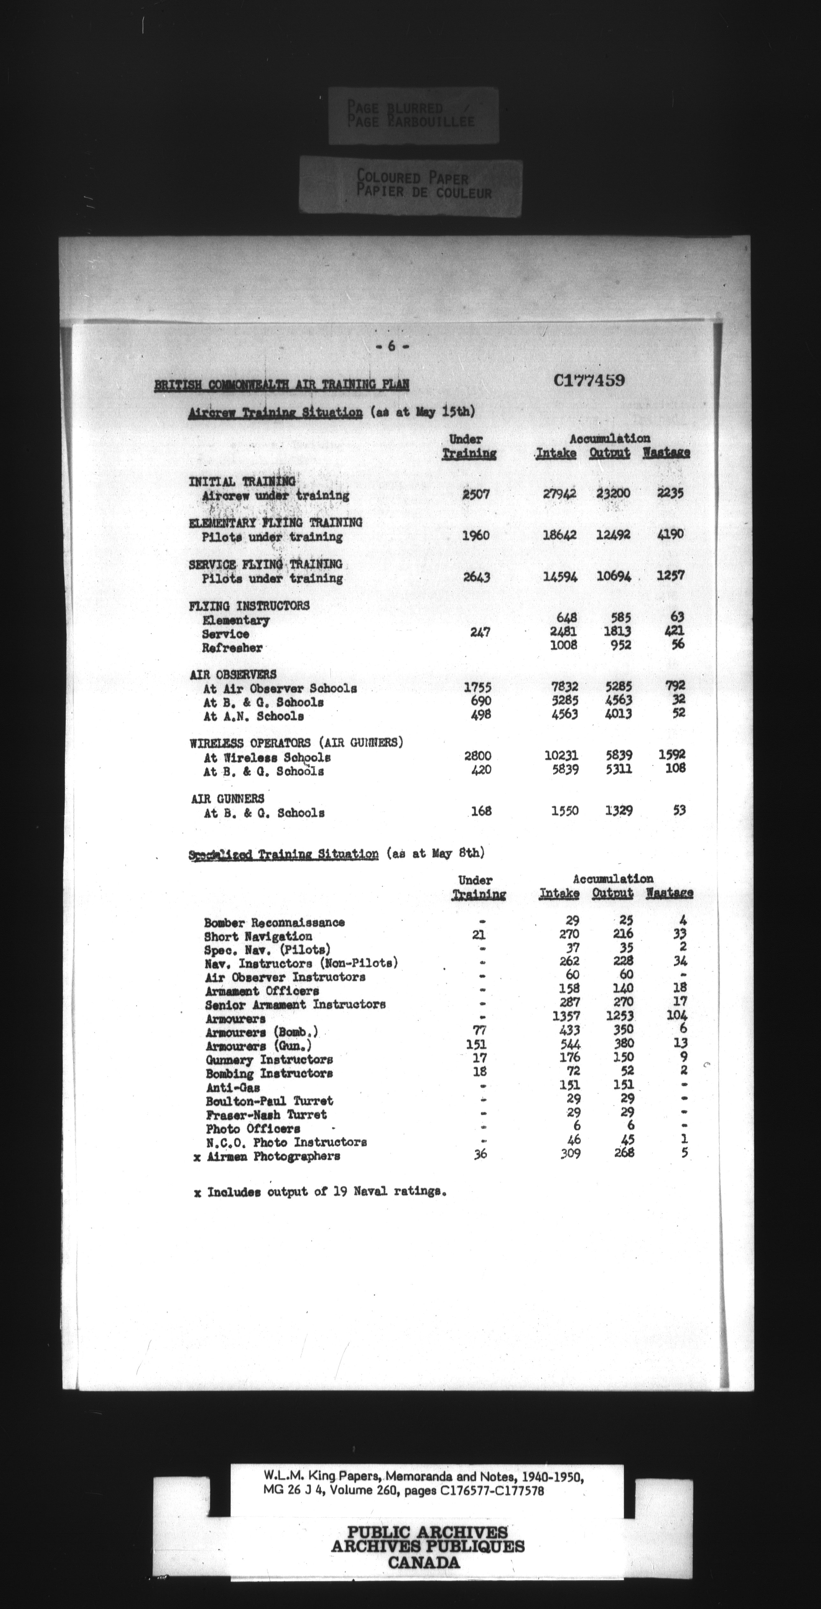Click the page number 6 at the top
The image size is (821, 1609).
point(391,347)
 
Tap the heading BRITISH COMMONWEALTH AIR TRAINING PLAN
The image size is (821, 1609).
point(281,385)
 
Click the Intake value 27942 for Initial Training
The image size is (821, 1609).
point(559,493)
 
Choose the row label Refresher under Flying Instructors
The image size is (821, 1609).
point(232,648)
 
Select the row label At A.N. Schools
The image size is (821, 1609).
point(253,717)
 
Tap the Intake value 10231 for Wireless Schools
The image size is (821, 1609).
point(561,755)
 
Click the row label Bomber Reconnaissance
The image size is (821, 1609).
point(274,922)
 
